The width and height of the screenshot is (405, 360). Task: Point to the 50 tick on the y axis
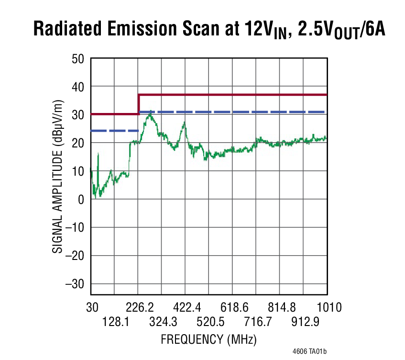coord(77,58)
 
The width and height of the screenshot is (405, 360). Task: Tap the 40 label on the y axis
coord(77,87)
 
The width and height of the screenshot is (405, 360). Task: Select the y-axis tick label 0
coord(81,199)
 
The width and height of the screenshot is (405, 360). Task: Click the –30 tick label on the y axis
coord(74,284)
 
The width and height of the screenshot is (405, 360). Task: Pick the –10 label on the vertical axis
coord(74,227)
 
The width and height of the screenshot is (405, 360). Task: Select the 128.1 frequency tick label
coord(115,322)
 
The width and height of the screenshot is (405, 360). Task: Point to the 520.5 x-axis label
coord(209,322)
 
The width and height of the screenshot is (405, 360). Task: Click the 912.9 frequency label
coord(304,322)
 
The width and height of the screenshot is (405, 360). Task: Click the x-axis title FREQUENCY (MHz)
coord(208,340)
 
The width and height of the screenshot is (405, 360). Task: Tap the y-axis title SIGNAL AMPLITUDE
coord(57,177)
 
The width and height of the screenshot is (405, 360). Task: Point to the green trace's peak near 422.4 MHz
coord(184,123)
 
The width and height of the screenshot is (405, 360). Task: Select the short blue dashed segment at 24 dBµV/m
coord(115,131)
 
